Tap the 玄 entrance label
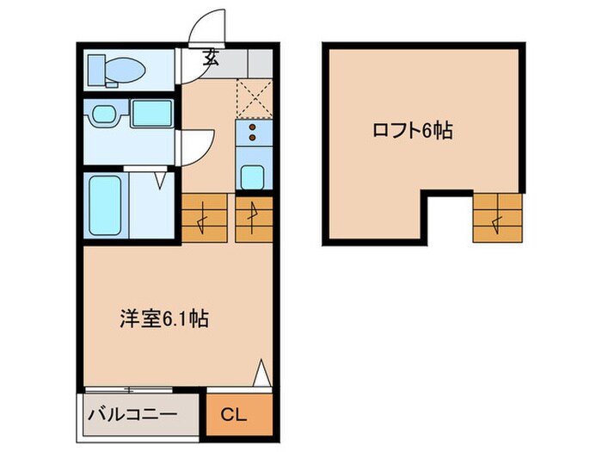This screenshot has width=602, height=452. pyautogui.click(x=211, y=59)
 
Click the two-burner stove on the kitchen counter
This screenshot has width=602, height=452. pyautogui.click(x=253, y=131)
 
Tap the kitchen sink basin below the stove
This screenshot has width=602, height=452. pyautogui.click(x=252, y=176)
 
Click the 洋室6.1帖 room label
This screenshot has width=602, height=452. pyautogui.click(x=164, y=319)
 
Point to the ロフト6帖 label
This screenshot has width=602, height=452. pyautogui.click(x=412, y=131)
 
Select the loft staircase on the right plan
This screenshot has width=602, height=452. pyautogui.click(x=496, y=217)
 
